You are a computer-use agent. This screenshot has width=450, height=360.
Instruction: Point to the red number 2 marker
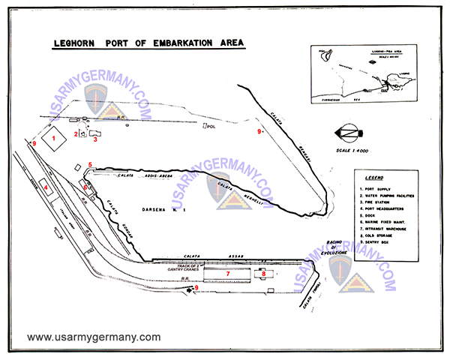click(76, 133)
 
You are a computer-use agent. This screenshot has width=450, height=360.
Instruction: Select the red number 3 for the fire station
click(95, 139)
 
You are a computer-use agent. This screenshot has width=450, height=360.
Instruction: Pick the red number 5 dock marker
click(89, 164)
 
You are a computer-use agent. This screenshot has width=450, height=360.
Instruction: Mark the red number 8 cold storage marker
click(264, 274)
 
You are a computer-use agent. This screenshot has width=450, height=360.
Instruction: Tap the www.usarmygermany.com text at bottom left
click(94, 337)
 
